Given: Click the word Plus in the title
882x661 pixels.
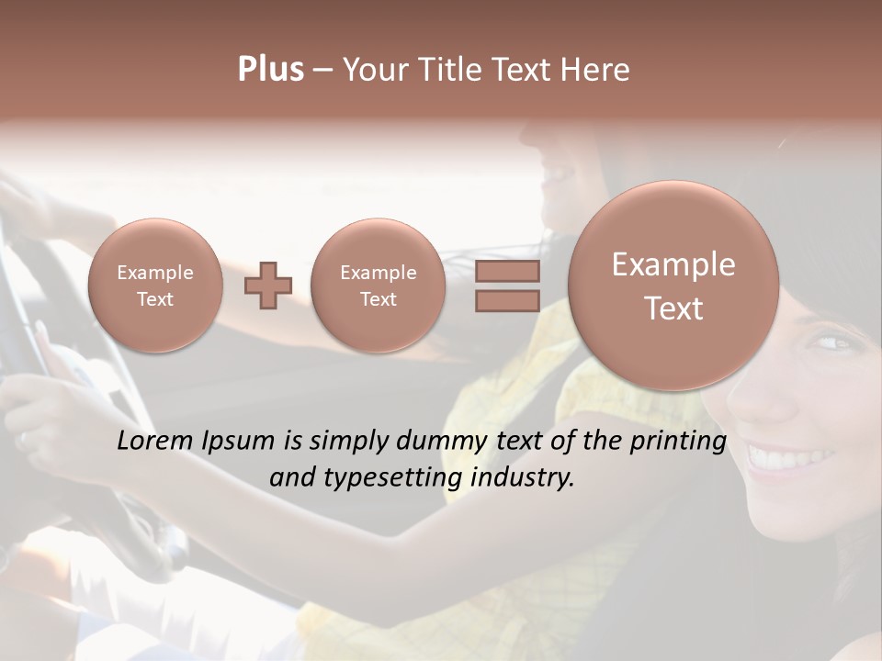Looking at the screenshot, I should pos(270,70).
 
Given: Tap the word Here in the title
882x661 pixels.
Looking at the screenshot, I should pos(596,70).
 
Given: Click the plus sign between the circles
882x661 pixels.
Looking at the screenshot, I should pos(268,286).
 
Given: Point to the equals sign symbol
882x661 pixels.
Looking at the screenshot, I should pos(507,286).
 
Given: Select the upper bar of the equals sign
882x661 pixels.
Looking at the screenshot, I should pos(507,271).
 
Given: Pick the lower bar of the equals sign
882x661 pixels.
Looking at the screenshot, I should pos(507,301).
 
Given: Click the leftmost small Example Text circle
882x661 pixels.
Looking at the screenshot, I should pos(155,286).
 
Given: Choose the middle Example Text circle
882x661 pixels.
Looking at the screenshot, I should pos(379,286).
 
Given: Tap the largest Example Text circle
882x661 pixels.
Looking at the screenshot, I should pos(673,286).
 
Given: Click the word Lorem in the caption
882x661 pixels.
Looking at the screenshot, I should pos(153,441).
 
